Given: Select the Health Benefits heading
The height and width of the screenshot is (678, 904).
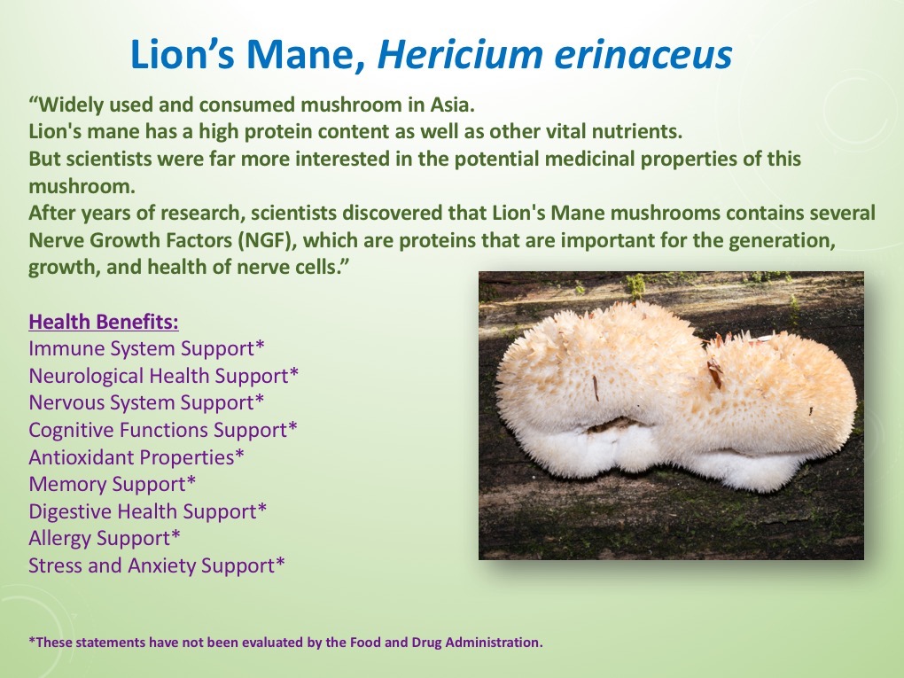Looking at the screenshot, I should pyautogui.click(x=104, y=321).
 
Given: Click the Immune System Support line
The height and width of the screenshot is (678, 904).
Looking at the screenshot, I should pyautogui.click(x=147, y=347).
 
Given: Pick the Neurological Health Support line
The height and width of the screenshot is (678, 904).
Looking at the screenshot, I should pyautogui.click(x=164, y=375).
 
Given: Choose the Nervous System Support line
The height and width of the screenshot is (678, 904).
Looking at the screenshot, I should pyautogui.click(x=146, y=402).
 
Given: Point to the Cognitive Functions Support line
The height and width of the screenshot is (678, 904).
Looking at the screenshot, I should pyautogui.click(x=163, y=430).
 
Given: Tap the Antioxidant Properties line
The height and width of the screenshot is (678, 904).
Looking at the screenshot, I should pyautogui.click(x=136, y=457).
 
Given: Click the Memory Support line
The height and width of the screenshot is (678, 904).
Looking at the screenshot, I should pyautogui.click(x=113, y=484).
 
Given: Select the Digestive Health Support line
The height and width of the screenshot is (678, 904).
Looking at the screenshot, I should pyautogui.click(x=148, y=511).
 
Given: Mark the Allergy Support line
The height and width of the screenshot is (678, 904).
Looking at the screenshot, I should pyautogui.click(x=105, y=538).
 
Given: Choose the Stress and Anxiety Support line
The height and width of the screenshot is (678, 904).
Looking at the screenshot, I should pyautogui.click(x=157, y=565).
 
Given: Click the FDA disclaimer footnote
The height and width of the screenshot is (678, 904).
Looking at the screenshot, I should pyautogui.click(x=285, y=642).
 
